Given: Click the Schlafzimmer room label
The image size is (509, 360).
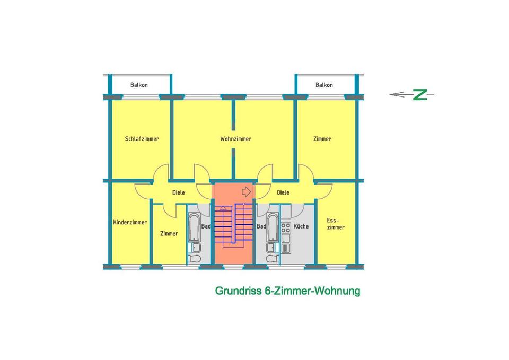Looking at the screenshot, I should [142, 139].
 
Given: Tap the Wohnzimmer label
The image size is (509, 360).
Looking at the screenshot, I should [235, 139].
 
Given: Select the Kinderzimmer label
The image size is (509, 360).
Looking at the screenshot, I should [130, 223].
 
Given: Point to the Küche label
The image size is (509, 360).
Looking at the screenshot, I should [301, 226].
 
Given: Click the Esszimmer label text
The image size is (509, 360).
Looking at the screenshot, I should [335, 223].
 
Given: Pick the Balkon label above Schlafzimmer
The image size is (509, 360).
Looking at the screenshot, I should [139, 85].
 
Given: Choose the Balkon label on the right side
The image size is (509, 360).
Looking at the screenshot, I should [324, 85].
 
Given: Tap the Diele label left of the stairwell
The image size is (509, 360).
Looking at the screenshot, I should [179, 192].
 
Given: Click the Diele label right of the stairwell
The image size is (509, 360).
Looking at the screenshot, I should [283, 192].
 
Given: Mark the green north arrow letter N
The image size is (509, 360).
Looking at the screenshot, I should [420, 95].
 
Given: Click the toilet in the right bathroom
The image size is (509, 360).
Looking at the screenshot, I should [273, 259].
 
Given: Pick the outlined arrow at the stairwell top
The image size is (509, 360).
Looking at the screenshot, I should [245, 191].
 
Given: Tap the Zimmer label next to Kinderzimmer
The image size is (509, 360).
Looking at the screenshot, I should [169, 233].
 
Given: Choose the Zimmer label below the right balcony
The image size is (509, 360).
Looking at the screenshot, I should [322, 139].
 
